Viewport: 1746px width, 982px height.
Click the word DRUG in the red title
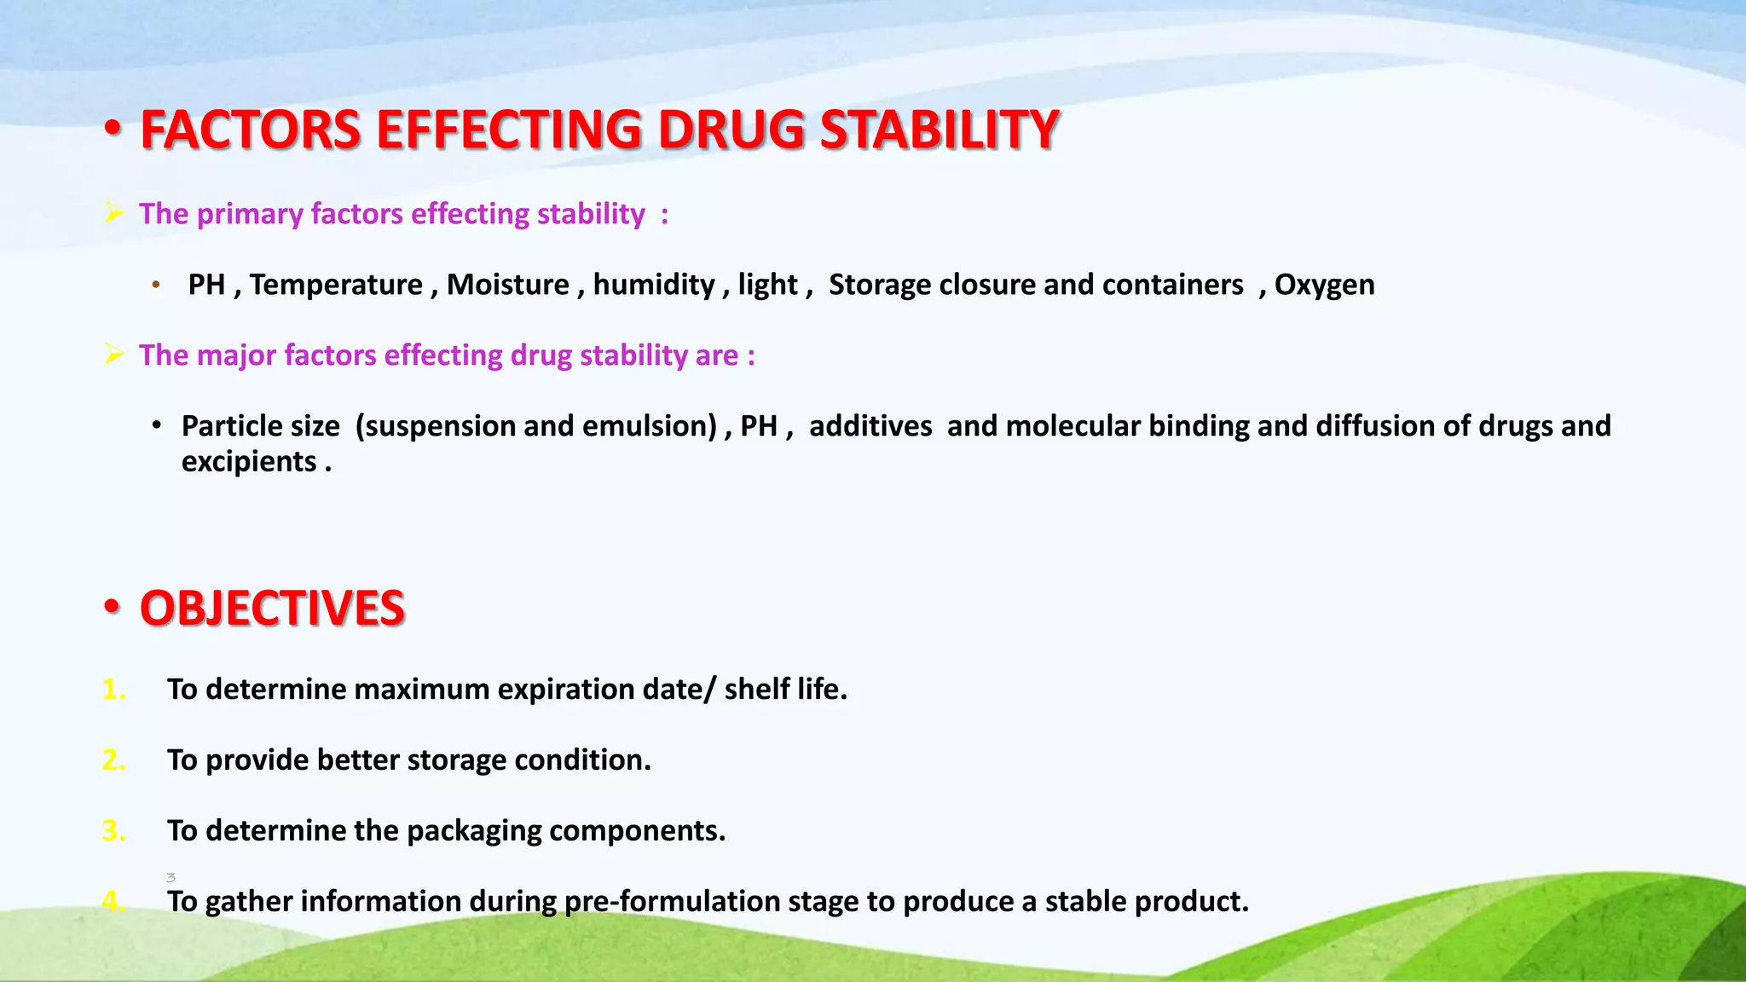pos(731,130)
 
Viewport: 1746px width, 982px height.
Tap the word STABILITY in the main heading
pos(939,130)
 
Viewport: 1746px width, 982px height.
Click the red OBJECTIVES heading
pos(272,609)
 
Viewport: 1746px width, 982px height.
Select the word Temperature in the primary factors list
pos(336,285)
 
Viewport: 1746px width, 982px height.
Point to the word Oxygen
pos(1324,285)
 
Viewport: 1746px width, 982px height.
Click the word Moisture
pos(507,285)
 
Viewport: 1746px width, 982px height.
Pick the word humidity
pos(654,285)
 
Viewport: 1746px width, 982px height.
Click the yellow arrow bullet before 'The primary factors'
pos(114,212)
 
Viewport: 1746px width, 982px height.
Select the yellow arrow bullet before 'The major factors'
pos(114,354)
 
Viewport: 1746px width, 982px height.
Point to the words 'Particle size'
pos(260,426)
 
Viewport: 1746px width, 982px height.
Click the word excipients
pos(249,462)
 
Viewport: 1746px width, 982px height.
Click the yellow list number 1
pos(113,689)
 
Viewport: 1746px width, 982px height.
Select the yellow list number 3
pos(113,830)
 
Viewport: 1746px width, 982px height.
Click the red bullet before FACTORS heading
pos(113,130)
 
